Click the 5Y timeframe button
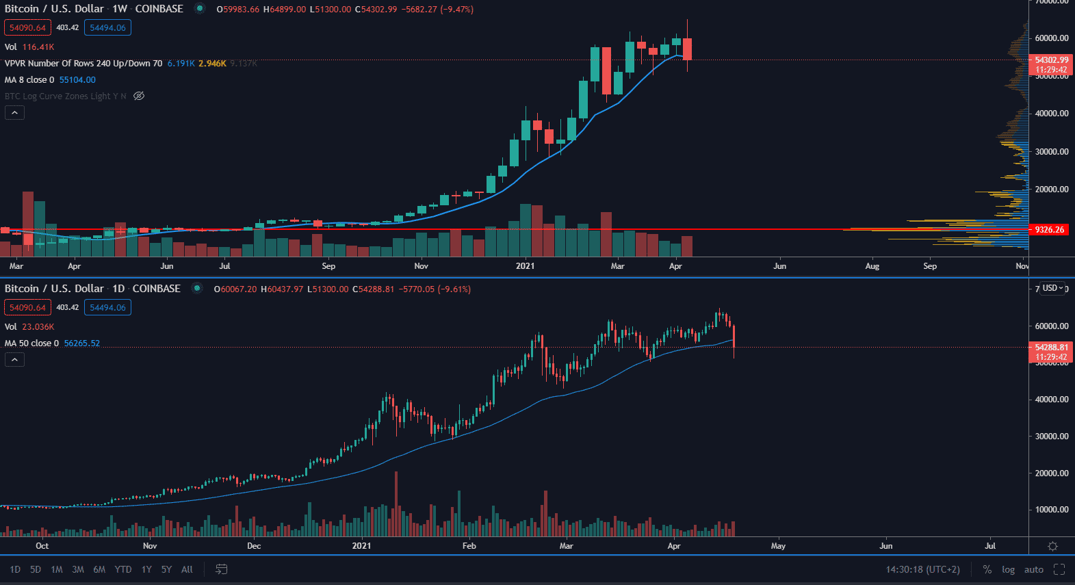166,569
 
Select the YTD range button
123,569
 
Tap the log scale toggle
1008,569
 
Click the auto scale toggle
1033,569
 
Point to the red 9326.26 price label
1050,230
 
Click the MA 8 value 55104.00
77,80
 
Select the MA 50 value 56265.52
81,343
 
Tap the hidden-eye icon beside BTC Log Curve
139,96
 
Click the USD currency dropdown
1052,288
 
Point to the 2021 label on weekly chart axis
525,266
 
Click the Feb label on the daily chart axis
469,546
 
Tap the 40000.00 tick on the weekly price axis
1052,114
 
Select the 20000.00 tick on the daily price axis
1052,473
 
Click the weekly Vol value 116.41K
38,47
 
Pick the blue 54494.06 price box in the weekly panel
107,28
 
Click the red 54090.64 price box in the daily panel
27,308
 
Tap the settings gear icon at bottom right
1052,546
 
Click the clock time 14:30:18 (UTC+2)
922,569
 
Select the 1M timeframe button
57,569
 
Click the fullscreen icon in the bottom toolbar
1059,569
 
